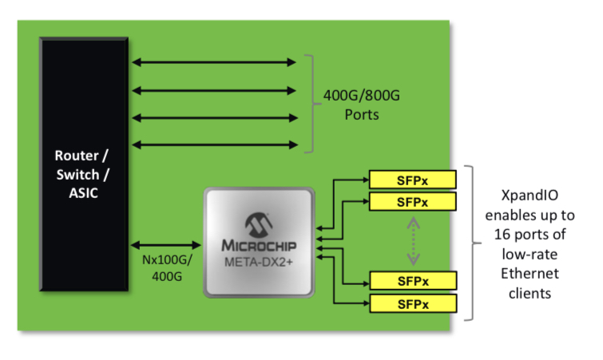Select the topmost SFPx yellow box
point(413,179)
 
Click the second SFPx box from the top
point(413,201)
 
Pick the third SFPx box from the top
point(413,281)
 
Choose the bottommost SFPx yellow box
point(413,303)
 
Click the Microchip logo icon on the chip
point(256,222)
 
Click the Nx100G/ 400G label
point(165,267)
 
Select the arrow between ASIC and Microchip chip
point(166,245)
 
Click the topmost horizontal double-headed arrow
point(213,61)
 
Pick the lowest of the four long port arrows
point(213,144)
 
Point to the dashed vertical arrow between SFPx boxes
point(414,242)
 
